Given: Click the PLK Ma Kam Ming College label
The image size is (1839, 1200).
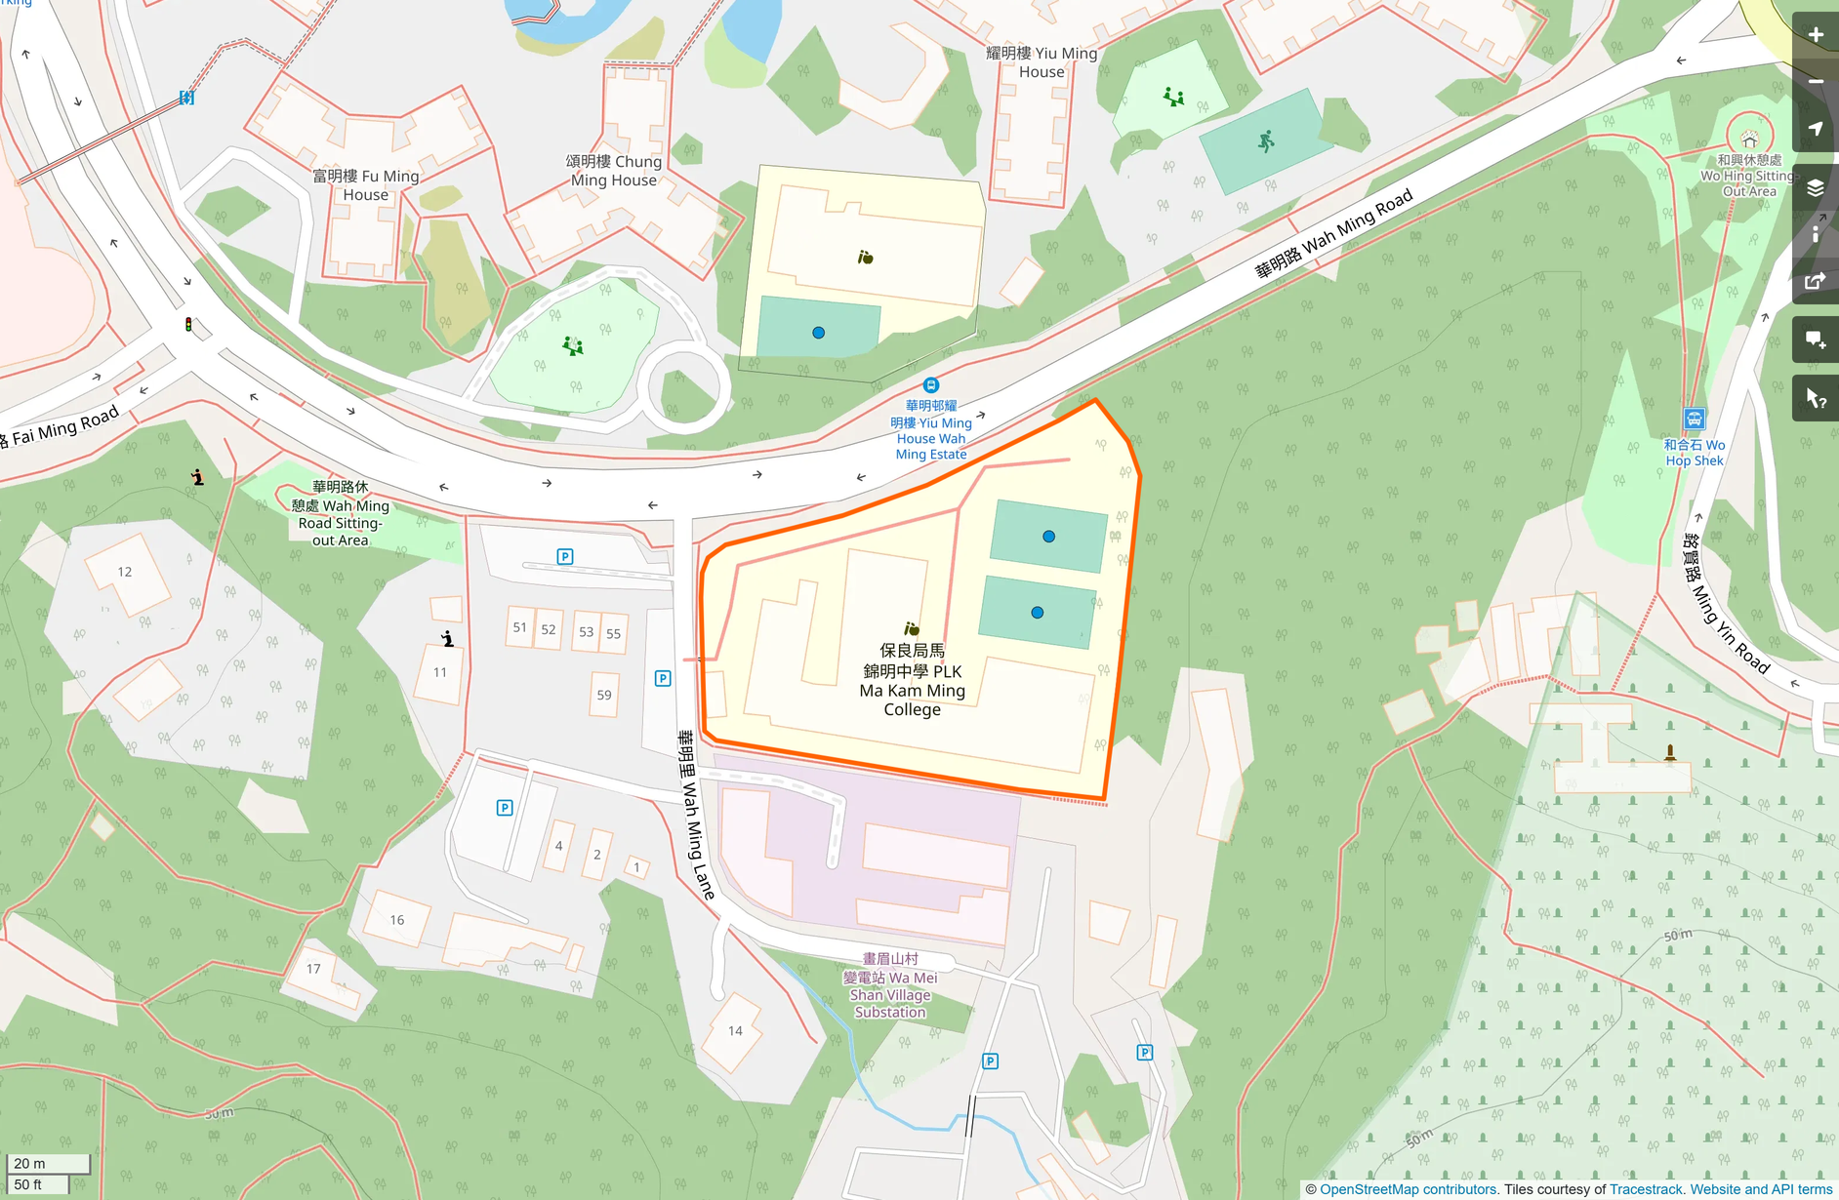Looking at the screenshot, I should click(912, 680).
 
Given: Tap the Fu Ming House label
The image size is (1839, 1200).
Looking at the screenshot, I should click(366, 185).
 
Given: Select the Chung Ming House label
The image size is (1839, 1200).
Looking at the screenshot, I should click(614, 171).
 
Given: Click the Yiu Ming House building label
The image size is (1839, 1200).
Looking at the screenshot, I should click(1042, 62).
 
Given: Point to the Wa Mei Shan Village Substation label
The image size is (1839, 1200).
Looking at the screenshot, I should click(890, 985).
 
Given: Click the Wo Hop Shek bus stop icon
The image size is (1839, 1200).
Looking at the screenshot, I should click(1694, 420).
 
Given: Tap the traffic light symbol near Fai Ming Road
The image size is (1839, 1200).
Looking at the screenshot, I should click(188, 324).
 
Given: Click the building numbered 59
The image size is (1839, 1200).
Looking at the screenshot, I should click(604, 695).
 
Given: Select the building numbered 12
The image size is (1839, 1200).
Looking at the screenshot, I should click(125, 572).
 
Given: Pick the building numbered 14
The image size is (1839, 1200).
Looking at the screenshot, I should click(735, 1030).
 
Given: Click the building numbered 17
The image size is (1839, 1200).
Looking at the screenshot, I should click(313, 969).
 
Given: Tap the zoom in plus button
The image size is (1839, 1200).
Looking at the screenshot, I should click(1815, 35).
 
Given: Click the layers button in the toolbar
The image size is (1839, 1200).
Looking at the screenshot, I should click(1815, 188).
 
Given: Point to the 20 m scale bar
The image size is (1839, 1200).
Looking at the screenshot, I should click(47, 1164).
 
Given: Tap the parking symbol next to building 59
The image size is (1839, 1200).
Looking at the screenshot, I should click(663, 678).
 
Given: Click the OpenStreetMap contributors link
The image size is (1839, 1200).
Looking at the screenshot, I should click(1408, 1189).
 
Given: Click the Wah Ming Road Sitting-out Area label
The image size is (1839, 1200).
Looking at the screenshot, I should click(341, 513).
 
